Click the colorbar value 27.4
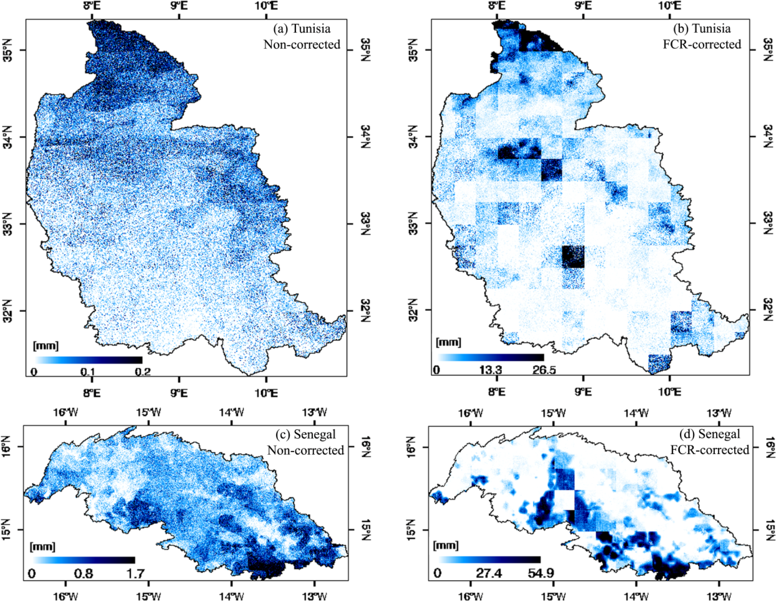[490, 573]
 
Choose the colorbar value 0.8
[84, 573]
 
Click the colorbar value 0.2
[142, 372]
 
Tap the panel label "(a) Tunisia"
[302, 29]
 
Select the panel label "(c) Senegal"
[306, 434]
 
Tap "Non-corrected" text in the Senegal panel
[306, 450]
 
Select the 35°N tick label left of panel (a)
[8, 50]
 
